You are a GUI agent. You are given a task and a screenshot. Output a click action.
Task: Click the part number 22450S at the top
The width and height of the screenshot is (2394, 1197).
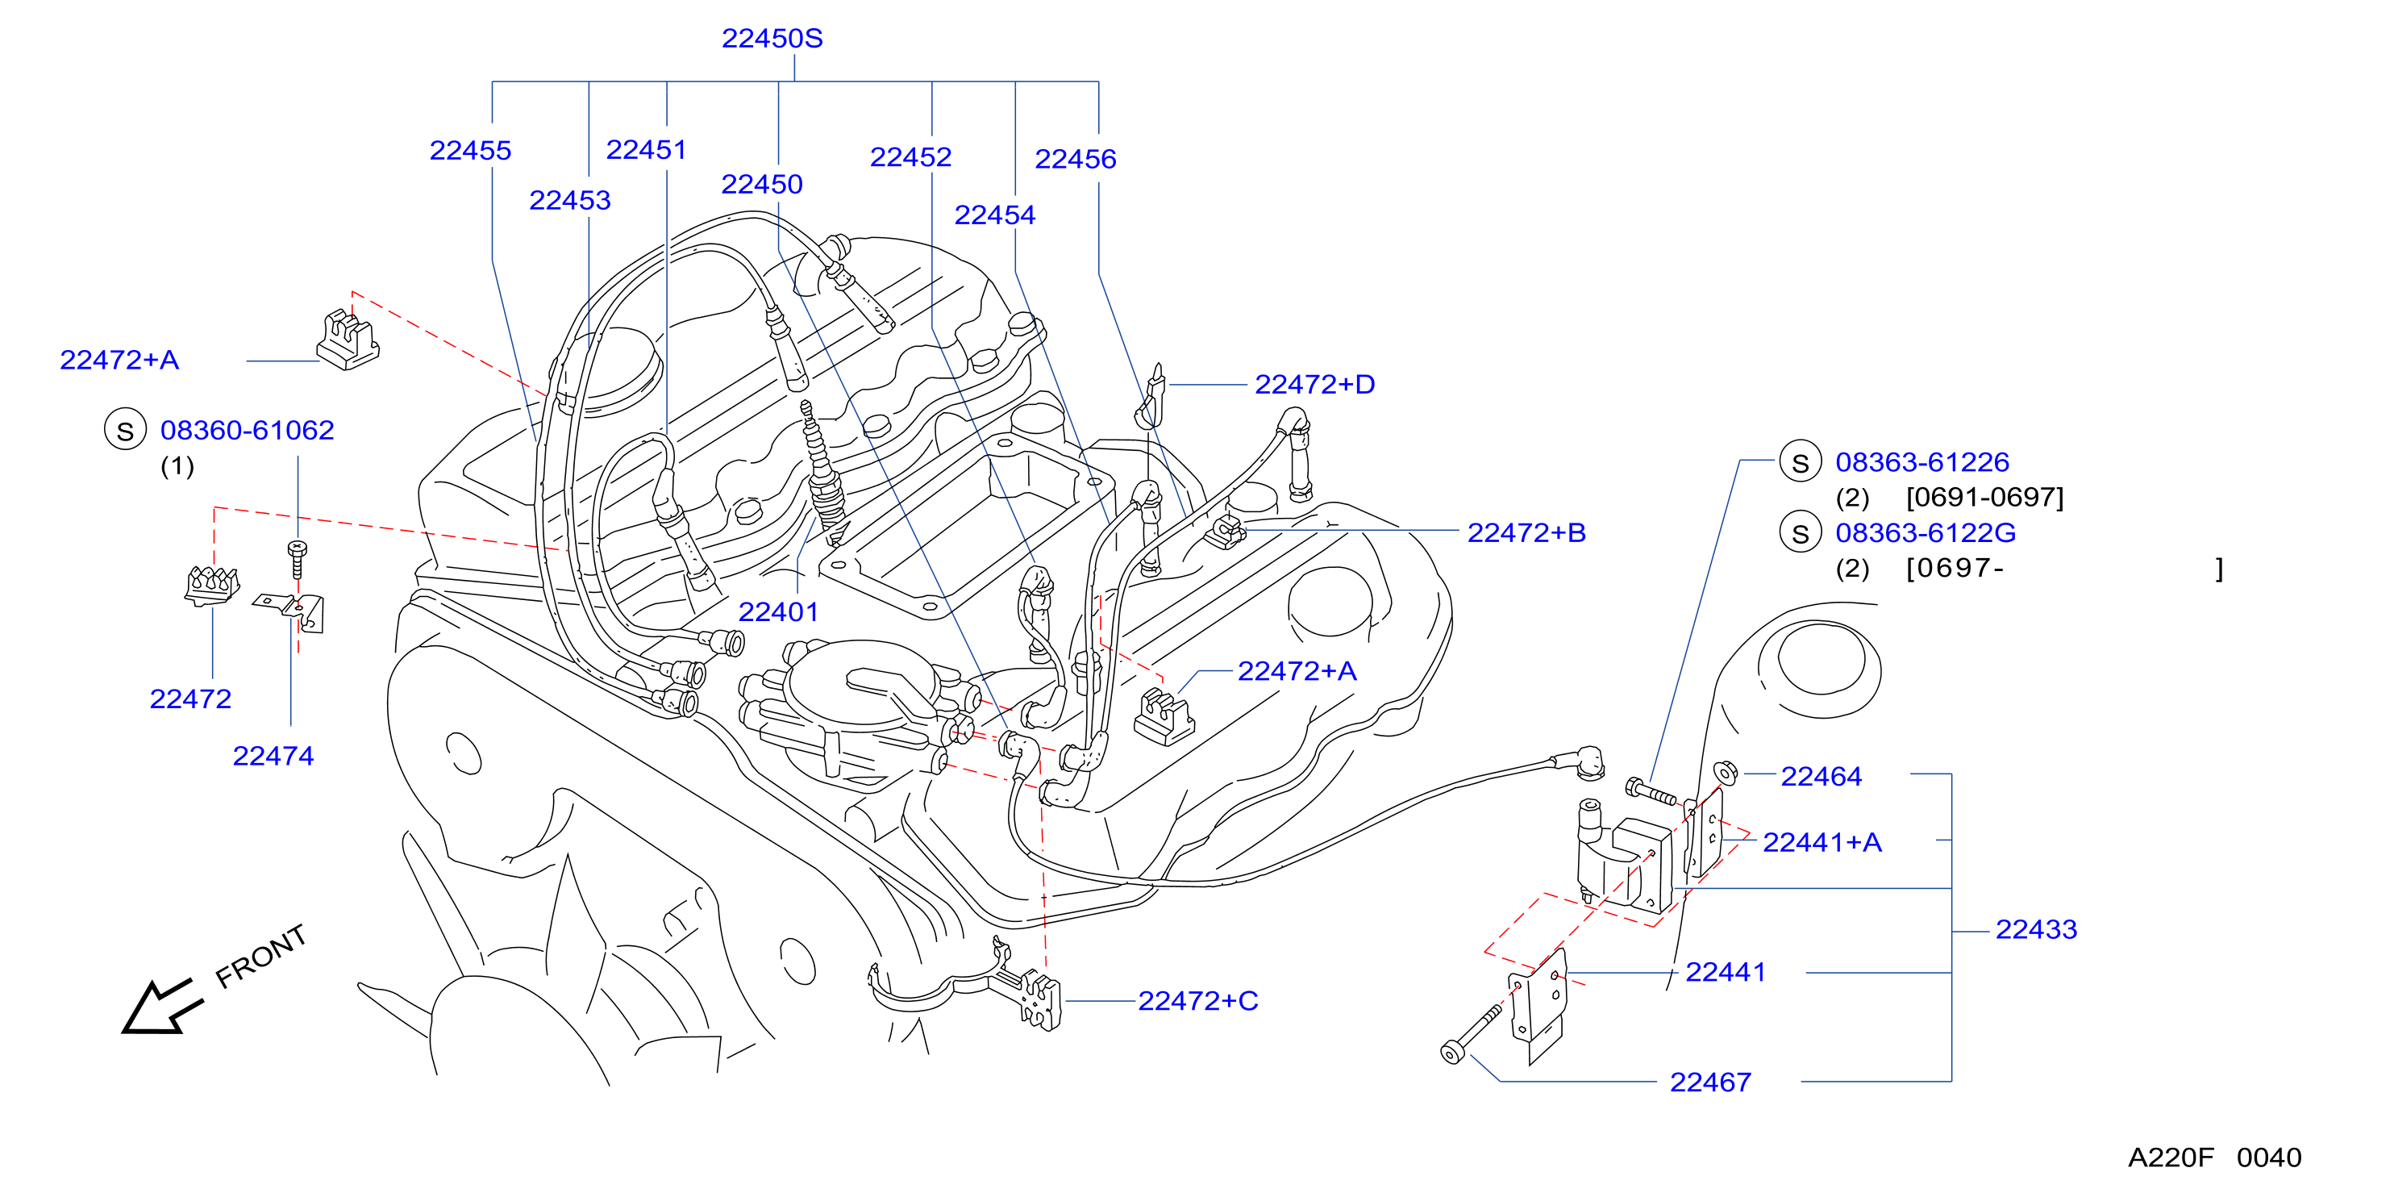[772, 39]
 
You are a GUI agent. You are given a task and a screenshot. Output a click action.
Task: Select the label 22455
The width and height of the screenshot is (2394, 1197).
[470, 151]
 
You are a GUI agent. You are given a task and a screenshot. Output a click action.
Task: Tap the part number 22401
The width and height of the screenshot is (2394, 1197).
[779, 612]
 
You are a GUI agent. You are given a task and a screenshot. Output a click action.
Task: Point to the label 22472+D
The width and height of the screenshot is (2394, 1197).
[1315, 385]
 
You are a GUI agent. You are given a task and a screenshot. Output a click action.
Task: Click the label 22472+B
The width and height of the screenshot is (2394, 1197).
[1527, 533]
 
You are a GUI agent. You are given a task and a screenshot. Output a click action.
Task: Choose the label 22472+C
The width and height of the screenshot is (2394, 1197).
[1198, 1001]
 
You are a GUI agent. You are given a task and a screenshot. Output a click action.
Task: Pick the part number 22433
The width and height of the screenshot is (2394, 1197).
[2036, 929]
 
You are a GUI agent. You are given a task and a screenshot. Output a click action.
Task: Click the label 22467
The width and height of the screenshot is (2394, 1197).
[1711, 1082]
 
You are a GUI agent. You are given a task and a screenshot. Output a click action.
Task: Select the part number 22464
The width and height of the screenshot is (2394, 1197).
[1822, 777]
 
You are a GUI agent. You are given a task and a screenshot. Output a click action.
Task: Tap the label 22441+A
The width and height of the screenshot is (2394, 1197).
[1822, 843]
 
